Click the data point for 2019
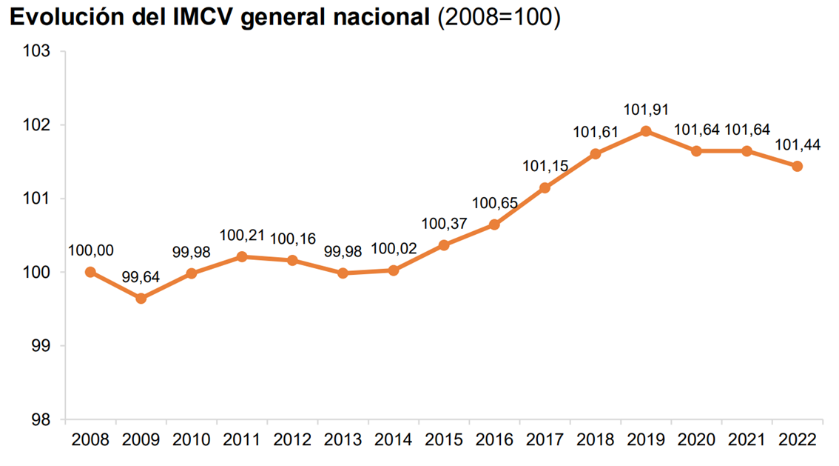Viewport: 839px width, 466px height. pyautogui.click(x=646, y=131)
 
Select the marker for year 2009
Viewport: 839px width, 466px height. pyautogui.click(x=141, y=299)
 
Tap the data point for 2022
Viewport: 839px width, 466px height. pyautogui.click(x=798, y=166)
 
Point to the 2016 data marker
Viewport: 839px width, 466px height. pyautogui.click(x=494, y=224)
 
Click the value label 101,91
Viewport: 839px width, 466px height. pyautogui.click(x=646, y=110)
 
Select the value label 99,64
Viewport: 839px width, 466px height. pyautogui.click(x=141, y=277)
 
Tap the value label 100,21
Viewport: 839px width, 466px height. pyautogui.click(x=242, y=236)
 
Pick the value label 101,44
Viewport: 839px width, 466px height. pyautogui.click(x=798, y=144)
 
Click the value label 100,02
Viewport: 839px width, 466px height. pyautogui.click(x=394, y=250)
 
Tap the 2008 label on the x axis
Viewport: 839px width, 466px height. pyautogui.click(x=90, y=439)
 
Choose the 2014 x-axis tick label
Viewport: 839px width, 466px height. pyautogui.click(x=394, y=439)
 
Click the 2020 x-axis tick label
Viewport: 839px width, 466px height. pyautogui.click(x=696, y=439)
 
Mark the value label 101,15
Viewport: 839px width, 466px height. pyautogui.click(x=545, y=167)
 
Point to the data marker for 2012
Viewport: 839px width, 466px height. pyautogui.click(x=292, y=260)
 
